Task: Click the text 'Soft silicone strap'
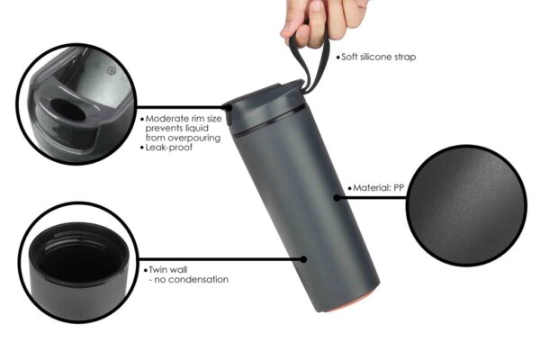(x=379, y=57)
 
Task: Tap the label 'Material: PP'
(x=379, y=188)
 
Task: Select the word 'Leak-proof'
(x=169, y=148)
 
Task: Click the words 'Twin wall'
(x=168, y=269)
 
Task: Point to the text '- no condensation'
(x=189, y=279)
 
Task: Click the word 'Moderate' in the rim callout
(x=166, y=119)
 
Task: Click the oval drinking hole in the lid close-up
(x=68, y=110)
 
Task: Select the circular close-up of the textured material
(x=466, y=205)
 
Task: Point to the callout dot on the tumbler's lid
(x=229, y=107)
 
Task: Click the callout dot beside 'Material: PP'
(x=337, y=197)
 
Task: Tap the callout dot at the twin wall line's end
(x=303, y=259)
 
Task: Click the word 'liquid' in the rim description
(x=196, y=129)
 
